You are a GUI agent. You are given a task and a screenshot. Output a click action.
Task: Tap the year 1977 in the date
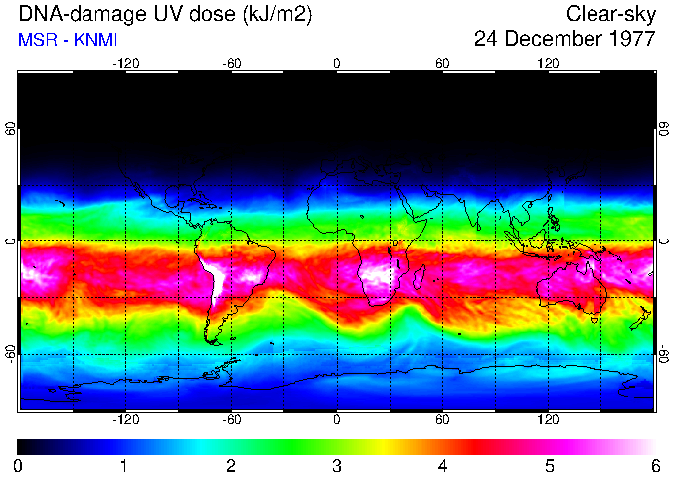click(628, 40)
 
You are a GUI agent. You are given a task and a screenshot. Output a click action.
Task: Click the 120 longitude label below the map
click(548, 420)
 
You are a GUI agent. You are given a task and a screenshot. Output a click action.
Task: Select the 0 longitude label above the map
click(337, 63)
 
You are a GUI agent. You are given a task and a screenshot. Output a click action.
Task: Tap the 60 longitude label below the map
click(442, 420)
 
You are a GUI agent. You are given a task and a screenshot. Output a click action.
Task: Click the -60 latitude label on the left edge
click(11, 353)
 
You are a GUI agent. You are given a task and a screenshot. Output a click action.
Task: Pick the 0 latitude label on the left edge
click(11, 241)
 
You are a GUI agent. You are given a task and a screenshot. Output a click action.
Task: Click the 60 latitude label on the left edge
click(11, 130)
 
